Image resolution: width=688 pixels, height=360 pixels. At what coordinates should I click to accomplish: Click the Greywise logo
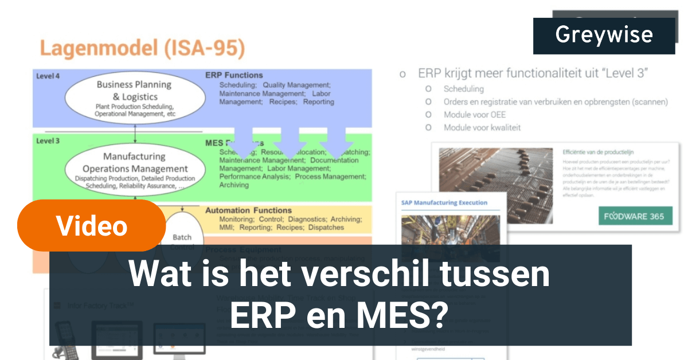(x=604, y=36)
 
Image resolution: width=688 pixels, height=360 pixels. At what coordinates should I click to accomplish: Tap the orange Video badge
(x=92, y=225)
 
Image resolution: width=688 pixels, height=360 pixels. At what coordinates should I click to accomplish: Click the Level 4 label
(x=48, y=76)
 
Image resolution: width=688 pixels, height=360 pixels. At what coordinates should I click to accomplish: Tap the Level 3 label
(x=48, y=140)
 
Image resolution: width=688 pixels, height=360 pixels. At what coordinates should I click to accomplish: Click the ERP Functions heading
(x=234, y=75)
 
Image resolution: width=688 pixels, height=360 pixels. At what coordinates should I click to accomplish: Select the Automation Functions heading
(x=248, y=210)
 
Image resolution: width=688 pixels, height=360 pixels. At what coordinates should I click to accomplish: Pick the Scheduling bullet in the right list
(x=463, y=89)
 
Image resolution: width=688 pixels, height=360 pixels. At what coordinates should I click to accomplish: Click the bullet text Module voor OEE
(x=474, y=115)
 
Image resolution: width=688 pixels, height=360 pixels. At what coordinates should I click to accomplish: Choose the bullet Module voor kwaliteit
(x=482, y=128)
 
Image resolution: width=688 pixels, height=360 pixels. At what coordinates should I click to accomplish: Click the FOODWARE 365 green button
(x=635, y=216)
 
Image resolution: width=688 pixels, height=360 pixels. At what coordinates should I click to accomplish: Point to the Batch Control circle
(x=182, y=241)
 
